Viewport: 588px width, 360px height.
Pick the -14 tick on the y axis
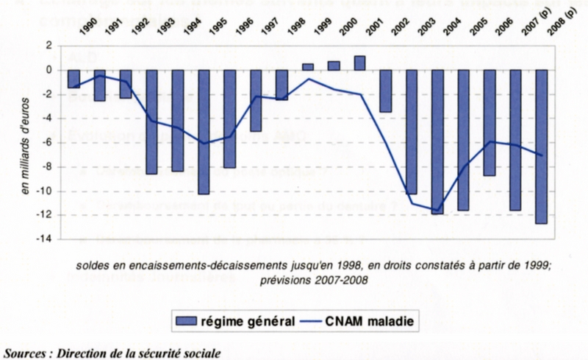pyautogui.click(x=44, y=239)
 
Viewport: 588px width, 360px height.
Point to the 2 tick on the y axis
pyautogui.click(x=49, y=46)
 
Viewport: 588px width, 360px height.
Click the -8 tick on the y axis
pyautogui.click(x=46, y=167)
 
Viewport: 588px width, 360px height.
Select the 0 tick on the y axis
pyautogui.click(x=49, y=70)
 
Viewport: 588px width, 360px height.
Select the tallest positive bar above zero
pyautogui.click(x=359, y=63)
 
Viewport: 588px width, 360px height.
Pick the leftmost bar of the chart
pyautogui.click(x=73, y=79)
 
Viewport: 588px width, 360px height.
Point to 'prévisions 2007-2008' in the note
pyautogui.click(x=315, y=280)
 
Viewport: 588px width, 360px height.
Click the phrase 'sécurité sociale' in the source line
pyautogui.click(x=181, y=352)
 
